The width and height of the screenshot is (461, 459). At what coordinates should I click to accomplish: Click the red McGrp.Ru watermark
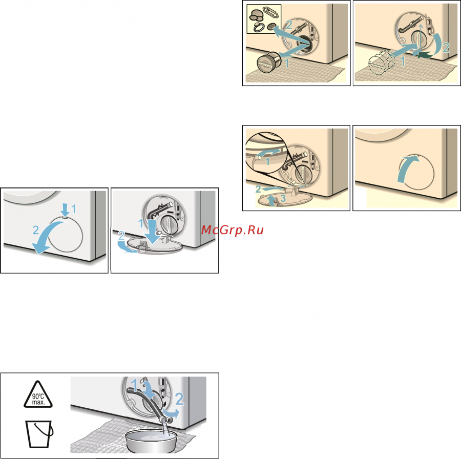click(232, 230)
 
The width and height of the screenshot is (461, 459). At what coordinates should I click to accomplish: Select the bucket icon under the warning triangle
click(39, 434)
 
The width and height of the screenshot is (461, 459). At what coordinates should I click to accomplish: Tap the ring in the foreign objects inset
click(258, 27)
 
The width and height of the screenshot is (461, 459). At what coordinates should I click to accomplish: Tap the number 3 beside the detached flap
click(283, 198)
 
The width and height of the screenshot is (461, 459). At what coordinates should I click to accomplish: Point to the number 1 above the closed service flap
click(73, 209)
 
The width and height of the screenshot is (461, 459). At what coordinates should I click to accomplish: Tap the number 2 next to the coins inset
click(289, 25)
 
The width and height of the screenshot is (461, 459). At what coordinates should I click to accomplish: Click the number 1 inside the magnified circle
click(267, 161)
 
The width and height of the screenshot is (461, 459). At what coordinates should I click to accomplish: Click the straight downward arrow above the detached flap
click(152, 232)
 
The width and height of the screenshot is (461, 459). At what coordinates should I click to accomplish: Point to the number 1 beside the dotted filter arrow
click(403, 61)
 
